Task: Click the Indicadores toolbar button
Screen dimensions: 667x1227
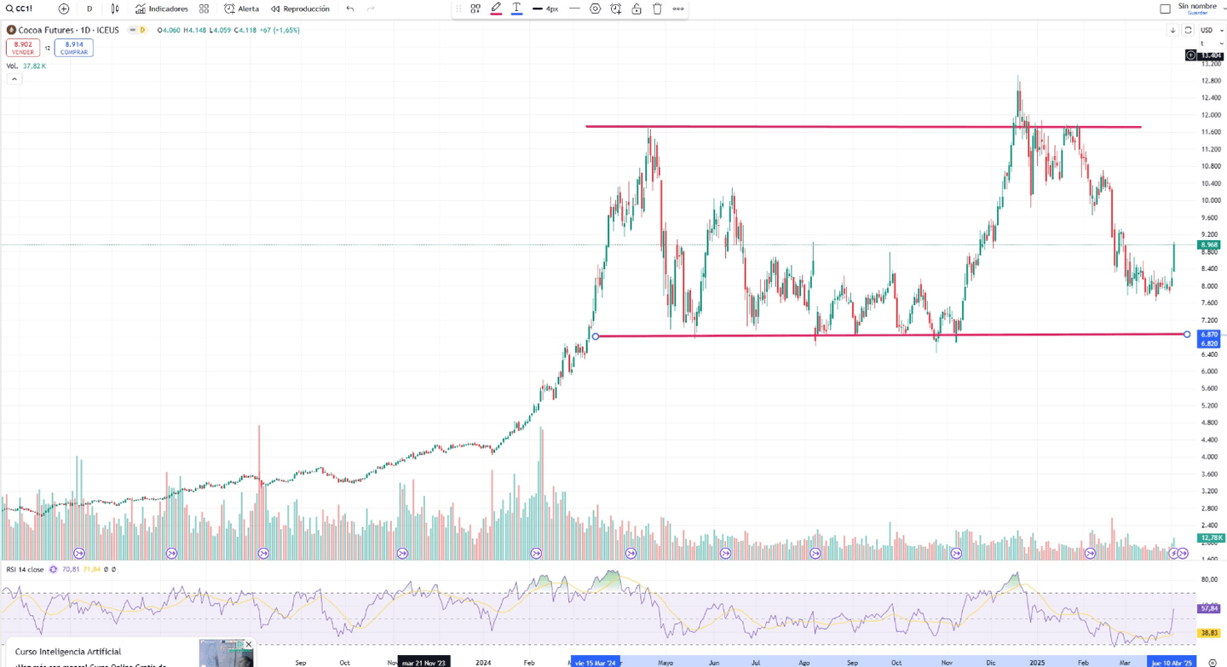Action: pyautogui.click(x=162, y=9)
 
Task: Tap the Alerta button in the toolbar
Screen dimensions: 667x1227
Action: pyautogui.click(x=242, y=9)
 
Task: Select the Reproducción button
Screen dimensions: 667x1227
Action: pyautogui.click(x=300, y=9)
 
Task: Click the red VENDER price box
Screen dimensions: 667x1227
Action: pyautogui.click(x=23, y=48)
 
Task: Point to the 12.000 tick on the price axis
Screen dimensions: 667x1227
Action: pyautogui.click(x=1210, y=115)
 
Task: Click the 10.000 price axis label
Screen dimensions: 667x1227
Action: pyautogui.click(x=1210, y=200)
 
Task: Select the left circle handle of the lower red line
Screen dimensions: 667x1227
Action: pyautogui.click(x=596, y=336)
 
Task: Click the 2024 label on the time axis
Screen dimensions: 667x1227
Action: pyautogui.click(x=483, y=662)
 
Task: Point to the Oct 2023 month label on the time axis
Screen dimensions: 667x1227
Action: pyautogui.click(x=344, y=662)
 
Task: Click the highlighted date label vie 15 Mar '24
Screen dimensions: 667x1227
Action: pyautogui.click(x=595, y=662)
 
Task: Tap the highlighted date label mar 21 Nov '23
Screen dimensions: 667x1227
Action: pyautogui.click(x=423, y=662)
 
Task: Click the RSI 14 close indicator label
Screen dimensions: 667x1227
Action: pyautogui.click(x=25, y=569)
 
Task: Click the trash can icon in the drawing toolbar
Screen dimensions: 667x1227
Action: pyautogui.click(x=657, y=9)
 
